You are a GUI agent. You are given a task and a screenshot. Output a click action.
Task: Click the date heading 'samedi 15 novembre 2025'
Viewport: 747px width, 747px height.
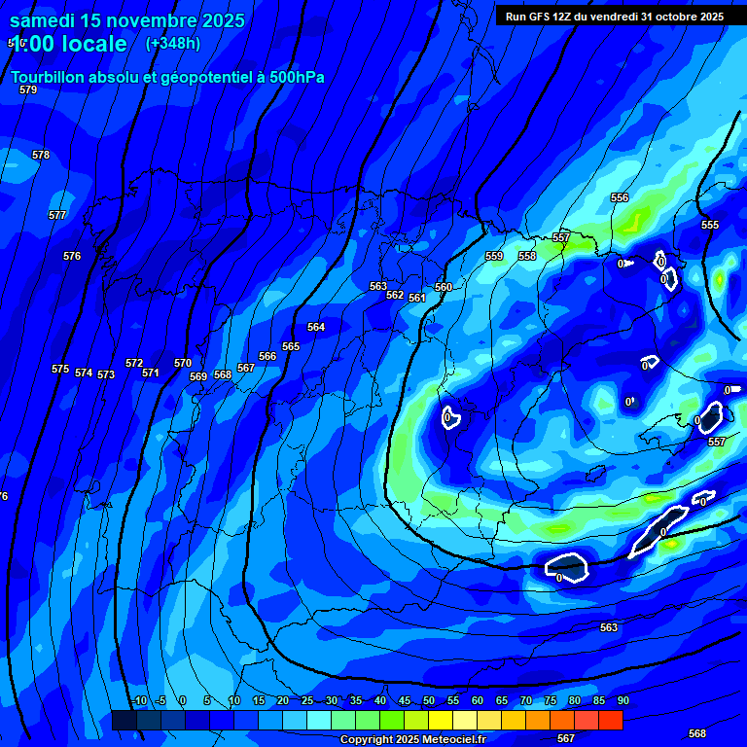point(127,19)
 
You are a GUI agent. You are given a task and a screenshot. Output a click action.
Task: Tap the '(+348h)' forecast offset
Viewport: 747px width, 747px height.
point(173,43)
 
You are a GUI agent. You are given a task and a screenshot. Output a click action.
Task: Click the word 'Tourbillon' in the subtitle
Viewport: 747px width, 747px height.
point(52,78)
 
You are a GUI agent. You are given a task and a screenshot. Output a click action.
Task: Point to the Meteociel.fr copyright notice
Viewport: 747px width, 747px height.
point(413,739)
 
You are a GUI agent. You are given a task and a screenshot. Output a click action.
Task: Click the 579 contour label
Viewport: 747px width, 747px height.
point(28,89)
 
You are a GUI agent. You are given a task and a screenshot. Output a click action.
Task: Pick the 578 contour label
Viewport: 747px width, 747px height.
point(41,155)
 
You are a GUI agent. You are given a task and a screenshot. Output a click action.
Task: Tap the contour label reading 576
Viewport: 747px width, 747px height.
point(72,256)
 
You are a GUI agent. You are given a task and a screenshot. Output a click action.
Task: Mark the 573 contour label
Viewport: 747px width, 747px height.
point(106,374)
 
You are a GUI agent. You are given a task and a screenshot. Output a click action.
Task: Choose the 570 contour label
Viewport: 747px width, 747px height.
point(183,363)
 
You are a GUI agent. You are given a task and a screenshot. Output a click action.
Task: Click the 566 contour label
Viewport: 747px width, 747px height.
point(267,356)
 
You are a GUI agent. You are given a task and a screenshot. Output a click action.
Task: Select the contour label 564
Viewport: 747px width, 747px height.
point(316,327)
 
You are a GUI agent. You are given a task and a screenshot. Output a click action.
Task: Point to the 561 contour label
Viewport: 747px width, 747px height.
point(417,298)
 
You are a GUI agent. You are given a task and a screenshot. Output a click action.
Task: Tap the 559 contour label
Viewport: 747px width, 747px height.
point(494,256)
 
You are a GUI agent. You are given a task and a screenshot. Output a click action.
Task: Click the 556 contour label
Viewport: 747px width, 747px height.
point(620,197)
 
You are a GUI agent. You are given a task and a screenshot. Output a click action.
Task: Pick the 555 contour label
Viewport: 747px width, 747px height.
point(710,225)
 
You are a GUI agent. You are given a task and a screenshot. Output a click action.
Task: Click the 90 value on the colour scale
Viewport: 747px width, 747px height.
point(622,700)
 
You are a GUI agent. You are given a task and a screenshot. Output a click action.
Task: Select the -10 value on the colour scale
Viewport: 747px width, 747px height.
point(139,700)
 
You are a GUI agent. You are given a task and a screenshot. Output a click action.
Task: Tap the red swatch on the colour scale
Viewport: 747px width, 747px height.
point(610,720)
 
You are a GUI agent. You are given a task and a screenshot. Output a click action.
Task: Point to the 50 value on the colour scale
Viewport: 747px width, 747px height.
point(429,700)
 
